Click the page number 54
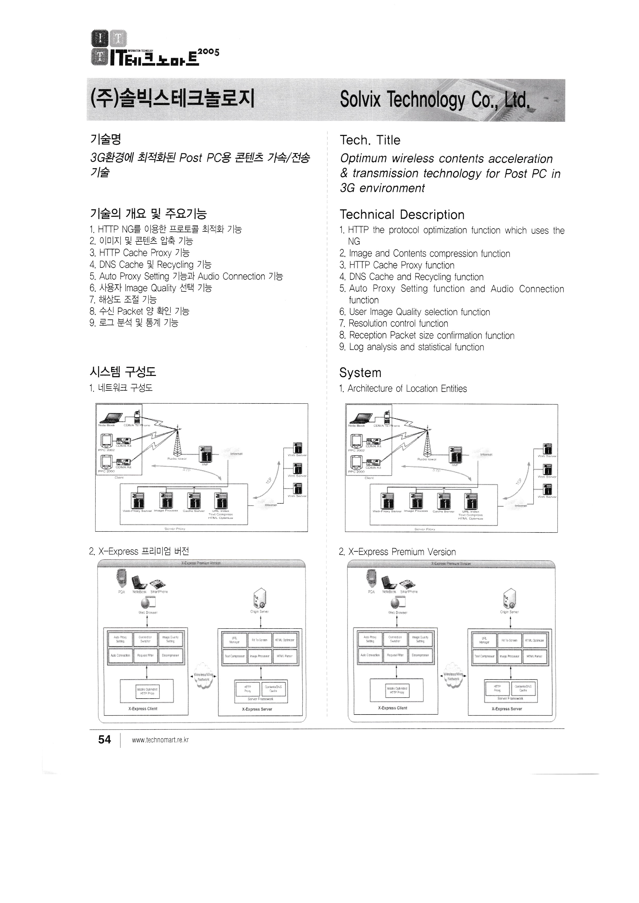(104, 740)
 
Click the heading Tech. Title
(370, 140)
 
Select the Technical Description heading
(402, 215)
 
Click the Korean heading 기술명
(105, 139)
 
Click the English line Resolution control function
(398, 324)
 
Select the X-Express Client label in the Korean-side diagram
(143, 709)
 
